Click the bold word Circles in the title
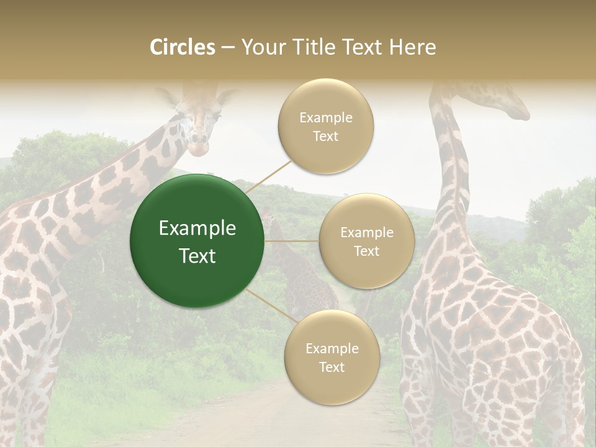[183, 47]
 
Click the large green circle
[197, 241]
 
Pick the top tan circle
[326, 127]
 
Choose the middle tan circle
[366, 241]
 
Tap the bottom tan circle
[332, 357]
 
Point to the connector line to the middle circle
[292, 241]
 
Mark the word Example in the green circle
[197, 228]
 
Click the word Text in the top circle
[326, 137]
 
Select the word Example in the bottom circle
[332, 348]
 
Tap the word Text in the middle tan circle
[366, 251]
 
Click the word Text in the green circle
[197, 255]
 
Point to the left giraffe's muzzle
[198, 147]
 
